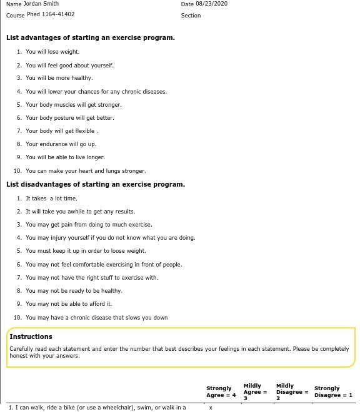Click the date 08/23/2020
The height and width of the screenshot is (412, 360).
click(x=211, y=4)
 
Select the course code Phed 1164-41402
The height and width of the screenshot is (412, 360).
click(x=51, y=14)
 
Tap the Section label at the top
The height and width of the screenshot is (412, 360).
click(x=191, y=16)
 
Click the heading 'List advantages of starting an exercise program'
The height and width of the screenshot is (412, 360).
click(x=91, y=37)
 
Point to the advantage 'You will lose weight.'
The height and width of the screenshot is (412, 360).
click(x=52, y=52)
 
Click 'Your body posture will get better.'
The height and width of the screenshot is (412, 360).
click(x=70, y=118)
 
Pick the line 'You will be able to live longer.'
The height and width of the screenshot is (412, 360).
click(x=65, y=157)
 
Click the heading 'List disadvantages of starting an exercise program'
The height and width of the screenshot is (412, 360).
click(x=96, y=185)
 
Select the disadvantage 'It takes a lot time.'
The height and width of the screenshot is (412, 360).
click(x=51, y=199)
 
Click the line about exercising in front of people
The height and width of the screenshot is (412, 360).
click(x=104, y=265)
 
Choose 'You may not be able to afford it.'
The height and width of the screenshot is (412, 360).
click(x=69, y=304)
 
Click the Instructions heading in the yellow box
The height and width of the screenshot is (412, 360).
click(x=31, y=336)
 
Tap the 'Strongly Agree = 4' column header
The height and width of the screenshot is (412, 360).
click(x=221, y=391)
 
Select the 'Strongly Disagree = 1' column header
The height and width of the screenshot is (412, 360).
click(x=333, y=391)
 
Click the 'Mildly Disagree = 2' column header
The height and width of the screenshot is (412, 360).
click(x=292, y=392)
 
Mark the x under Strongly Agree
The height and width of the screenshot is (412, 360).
click(x=211, y=408)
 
